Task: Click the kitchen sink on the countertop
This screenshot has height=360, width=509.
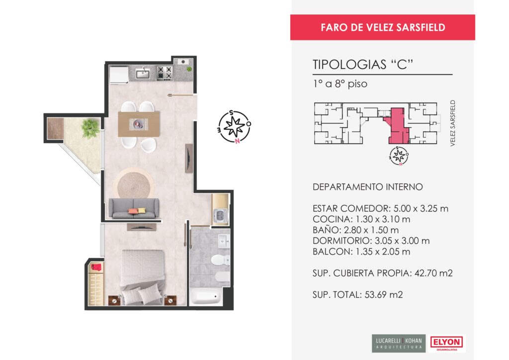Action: (143, 74)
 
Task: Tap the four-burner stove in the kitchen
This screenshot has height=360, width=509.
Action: (165, 73)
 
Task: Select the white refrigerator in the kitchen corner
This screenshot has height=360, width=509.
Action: (118, 75)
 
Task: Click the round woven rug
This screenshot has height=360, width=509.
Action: (134, 184)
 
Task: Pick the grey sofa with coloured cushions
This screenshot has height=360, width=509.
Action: (134, 208)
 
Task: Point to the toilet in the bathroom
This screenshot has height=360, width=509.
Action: (220, 260)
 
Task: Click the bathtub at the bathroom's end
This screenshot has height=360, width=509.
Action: (206, 296)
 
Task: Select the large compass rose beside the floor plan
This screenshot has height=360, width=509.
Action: (234, 127)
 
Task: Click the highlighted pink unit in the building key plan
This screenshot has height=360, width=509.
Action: (397, 126)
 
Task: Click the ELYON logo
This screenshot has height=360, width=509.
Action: (446, 343)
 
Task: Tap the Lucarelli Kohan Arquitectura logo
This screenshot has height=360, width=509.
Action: (399, 343)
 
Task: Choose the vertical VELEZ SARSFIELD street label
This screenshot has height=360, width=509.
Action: (453, 123)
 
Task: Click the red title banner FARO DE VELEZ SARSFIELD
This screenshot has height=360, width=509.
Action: (383, 27)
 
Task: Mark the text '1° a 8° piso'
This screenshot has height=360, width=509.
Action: (340, 84)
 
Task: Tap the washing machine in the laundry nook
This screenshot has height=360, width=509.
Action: (220, 216)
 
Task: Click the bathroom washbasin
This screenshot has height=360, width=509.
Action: (224, 241)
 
